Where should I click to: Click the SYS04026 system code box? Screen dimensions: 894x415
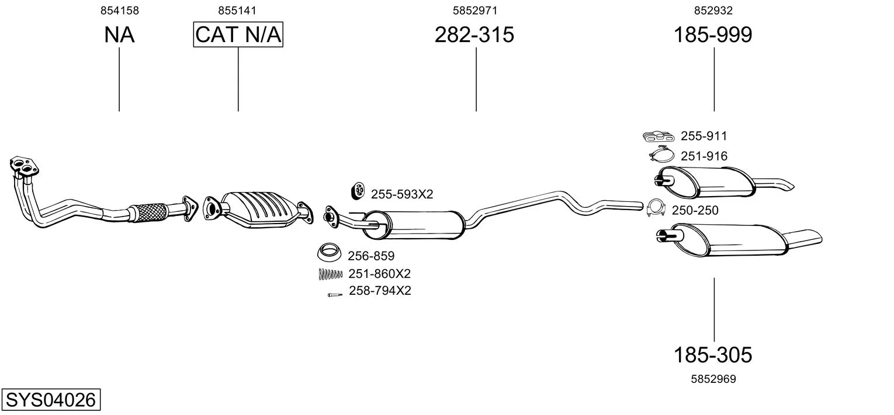coord(51,399)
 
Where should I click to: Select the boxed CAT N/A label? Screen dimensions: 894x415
coord(238,34)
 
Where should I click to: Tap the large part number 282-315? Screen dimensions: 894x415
coord(474,34)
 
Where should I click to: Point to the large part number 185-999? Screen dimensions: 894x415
coord(713,34)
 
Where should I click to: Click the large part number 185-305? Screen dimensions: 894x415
coord(713,355)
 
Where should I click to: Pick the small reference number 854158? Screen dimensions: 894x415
coord(119,11)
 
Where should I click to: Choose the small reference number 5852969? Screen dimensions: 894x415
coord(713,379)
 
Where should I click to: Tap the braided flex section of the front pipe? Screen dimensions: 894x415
coord(148,212)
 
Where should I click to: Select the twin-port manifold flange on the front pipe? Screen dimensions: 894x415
coord(24,166)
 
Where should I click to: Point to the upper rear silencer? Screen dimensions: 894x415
coord(706,182)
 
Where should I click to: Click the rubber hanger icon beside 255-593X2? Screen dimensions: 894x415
coord(358,191)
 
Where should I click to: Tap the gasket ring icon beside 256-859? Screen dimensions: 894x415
coord(330,252)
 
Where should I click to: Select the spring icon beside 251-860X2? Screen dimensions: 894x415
coord(331,274)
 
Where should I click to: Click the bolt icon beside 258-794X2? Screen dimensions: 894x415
coord(335,295)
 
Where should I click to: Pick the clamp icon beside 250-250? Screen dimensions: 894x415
coord(656,208)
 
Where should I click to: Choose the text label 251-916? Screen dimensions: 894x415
coord(704,156)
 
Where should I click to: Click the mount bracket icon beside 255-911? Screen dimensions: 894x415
coord(659,136)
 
